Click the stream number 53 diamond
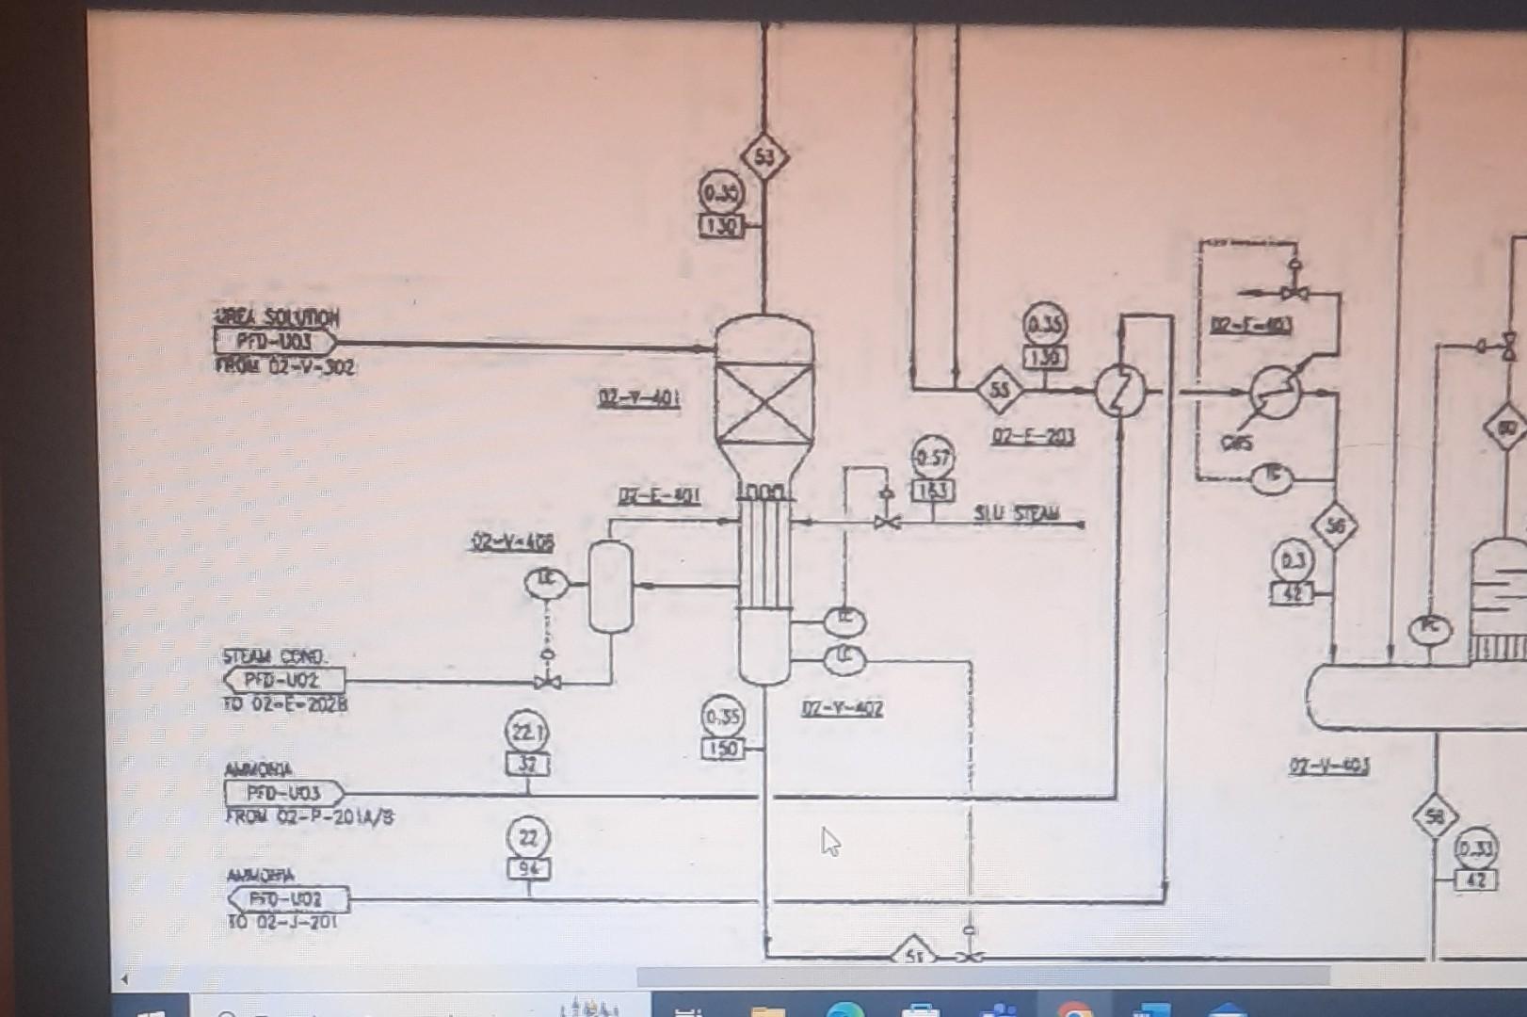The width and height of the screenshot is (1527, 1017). (763, 157)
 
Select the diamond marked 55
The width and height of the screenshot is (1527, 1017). (999, 390)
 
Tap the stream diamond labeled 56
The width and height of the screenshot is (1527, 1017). (1335, 527)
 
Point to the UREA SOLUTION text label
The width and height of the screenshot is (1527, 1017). (276, 317)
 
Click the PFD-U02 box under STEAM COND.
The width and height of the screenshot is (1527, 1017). (284, 680)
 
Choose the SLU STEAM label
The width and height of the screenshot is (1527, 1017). (1017, 514)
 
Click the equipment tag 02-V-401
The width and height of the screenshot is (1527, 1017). (639, 398)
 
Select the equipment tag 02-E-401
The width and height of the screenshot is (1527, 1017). (659, 496)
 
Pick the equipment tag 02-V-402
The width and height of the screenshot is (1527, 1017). (842, 709)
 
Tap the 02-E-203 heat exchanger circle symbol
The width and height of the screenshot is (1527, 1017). (1119, 390)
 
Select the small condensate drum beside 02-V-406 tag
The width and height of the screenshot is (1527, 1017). (610, 587)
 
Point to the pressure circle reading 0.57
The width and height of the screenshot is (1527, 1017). (932, 458)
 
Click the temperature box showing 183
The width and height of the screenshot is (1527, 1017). (932, 491)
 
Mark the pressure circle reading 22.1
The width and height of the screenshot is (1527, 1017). (527, 731)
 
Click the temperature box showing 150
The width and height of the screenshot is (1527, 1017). (722, 750)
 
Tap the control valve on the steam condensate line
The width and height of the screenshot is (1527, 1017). (548, 681)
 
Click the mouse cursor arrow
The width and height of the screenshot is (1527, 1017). (828, 841)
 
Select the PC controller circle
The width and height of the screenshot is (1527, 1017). (1429, 629)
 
